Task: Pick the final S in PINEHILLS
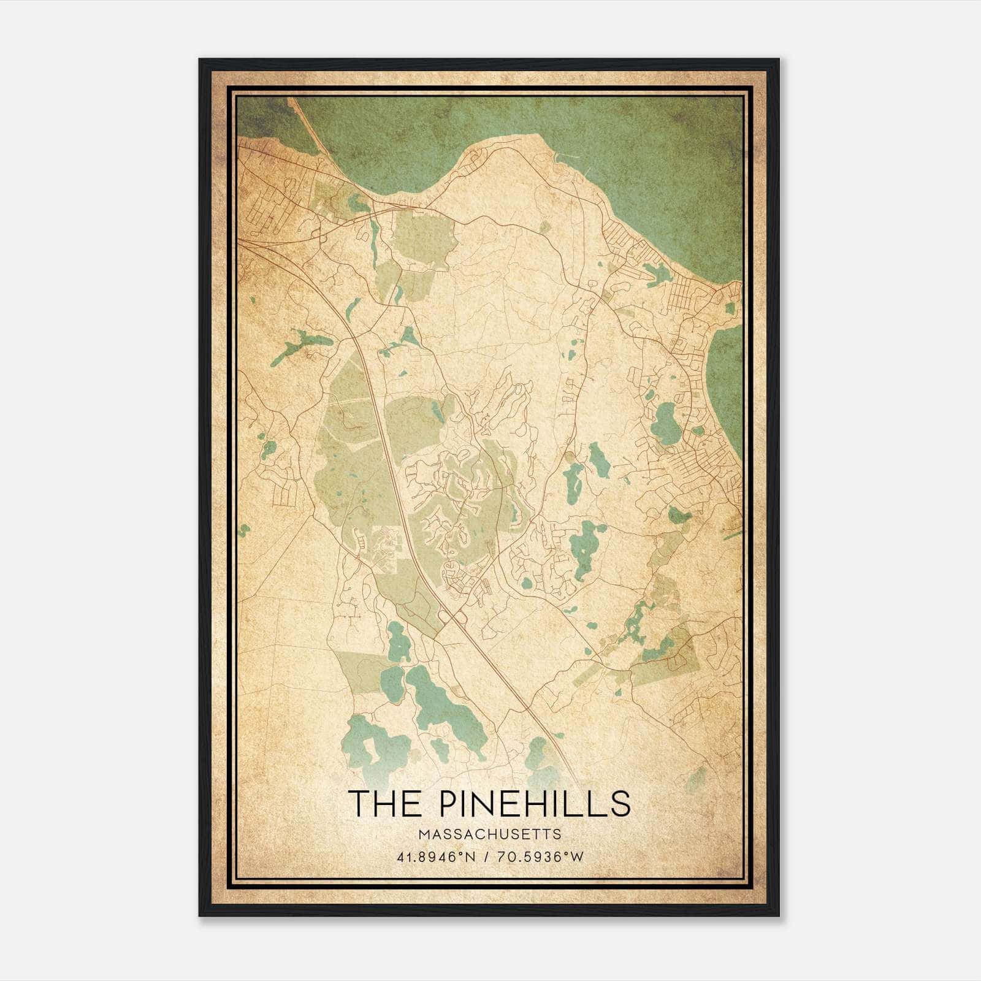tap(622, 803)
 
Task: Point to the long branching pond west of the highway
tap(299, 345)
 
